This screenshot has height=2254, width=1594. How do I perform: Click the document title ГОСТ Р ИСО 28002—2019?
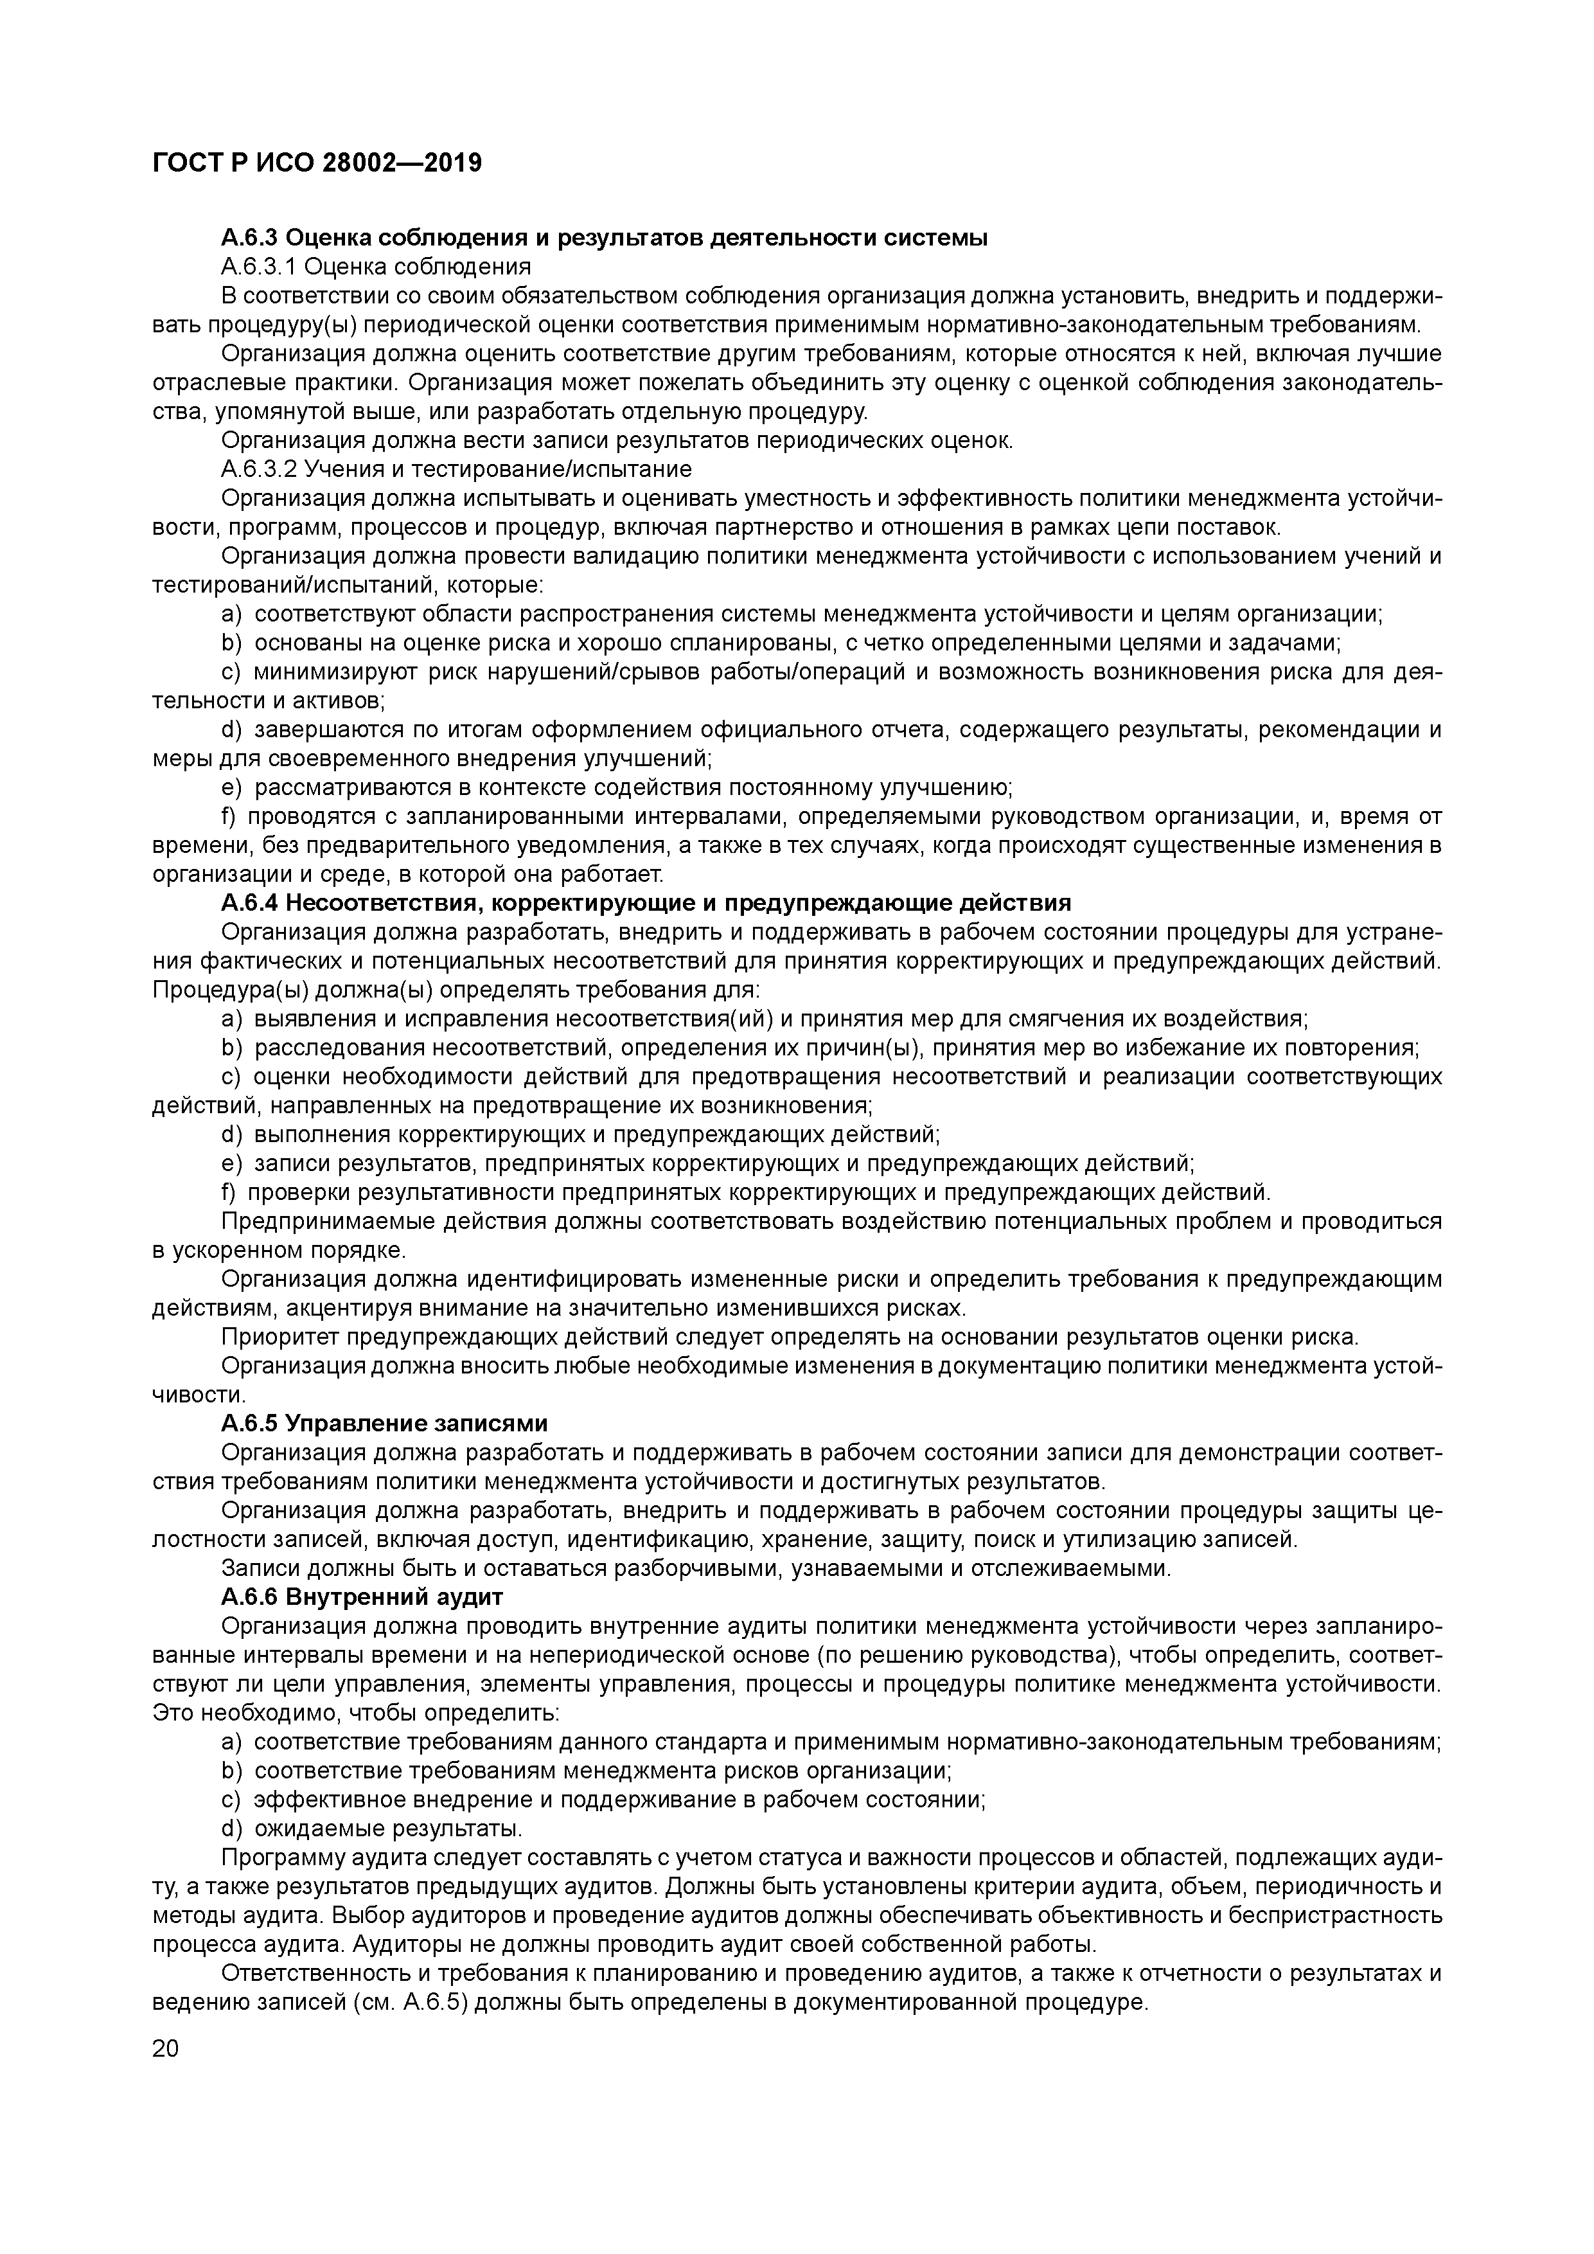coord(317,163)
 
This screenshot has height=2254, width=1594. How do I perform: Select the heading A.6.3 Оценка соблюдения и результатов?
coord(604,238)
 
